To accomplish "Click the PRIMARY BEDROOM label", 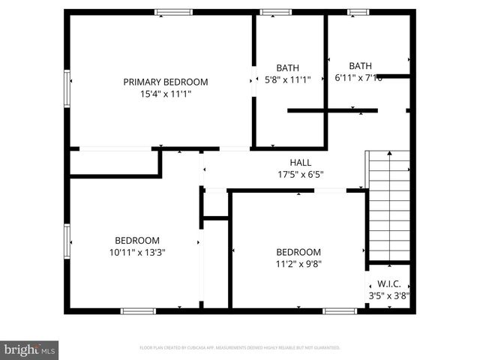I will click(x=166, y=82).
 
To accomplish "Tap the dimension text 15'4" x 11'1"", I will click(x=166, y=94).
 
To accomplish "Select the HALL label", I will click(x=300, y=162).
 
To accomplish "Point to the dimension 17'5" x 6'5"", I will click(x=300, y=174).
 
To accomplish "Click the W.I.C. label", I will click(x=388, y=283).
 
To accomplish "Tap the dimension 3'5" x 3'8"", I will click(x=388, y=295).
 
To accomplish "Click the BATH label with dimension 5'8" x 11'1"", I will click(x=287, y=67).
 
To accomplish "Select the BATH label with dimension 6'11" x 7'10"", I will click(x=360, y=65).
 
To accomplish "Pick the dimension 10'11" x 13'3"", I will click(x=137, y=253).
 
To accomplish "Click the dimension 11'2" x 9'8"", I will click(x=298, y=264).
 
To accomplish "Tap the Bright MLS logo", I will click(x=29, y=349).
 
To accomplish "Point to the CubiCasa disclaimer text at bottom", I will click(x=240, y=348).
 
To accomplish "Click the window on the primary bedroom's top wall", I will click(x=173, y=12).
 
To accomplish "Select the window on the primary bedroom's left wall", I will click(x=67, y=88).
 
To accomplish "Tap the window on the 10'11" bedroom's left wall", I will click(x=67, y=241).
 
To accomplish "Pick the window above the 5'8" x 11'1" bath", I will click(x=275, y=12).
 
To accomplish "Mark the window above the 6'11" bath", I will click(x=358, y=12).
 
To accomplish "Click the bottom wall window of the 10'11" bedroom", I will click(x=138, y=310).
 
